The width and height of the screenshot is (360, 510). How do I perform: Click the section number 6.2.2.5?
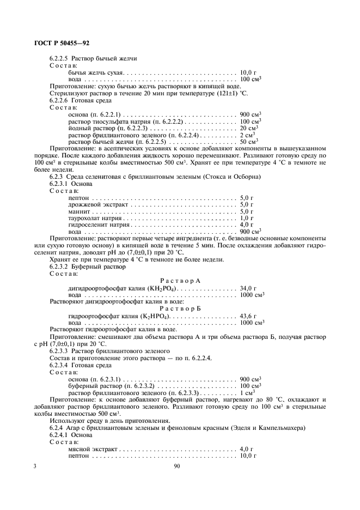pos(60,58)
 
